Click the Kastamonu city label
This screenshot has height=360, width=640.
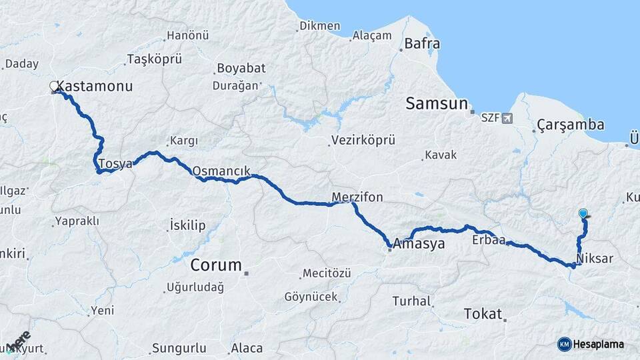pos(95,87)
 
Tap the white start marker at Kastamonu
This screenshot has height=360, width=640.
pos(54,86)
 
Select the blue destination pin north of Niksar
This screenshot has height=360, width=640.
pos(583,213)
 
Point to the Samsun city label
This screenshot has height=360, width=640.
pos(437,103)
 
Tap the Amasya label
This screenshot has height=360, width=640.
pos(419,244)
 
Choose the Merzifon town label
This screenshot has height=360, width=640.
pos(358,197)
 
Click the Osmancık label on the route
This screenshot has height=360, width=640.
pos(221,171)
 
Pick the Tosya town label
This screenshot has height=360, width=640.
pos(115,163)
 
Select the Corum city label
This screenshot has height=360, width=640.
pos(216,265)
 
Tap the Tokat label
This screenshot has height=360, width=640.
pos(482,314)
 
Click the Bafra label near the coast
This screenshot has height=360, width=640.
pos(423,45)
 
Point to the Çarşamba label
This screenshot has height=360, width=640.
pos(571,125)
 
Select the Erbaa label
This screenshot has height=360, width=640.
pos(488,239)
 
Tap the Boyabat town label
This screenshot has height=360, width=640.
pos(240,69)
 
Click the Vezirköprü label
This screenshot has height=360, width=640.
pos(364,141)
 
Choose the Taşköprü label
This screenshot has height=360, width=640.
pos(154,59)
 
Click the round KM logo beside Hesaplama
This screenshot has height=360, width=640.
pos(565,344)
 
